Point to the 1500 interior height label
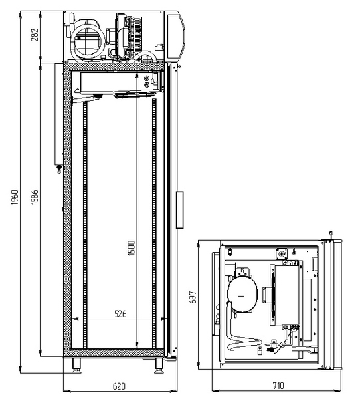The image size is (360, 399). [132, 247]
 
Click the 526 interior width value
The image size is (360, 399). [120, 313]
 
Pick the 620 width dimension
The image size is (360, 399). [119, 385]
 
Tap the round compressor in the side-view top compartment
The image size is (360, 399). [86, 39]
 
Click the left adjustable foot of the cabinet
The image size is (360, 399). [78, 364]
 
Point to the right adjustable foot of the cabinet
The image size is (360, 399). [160, 364]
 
